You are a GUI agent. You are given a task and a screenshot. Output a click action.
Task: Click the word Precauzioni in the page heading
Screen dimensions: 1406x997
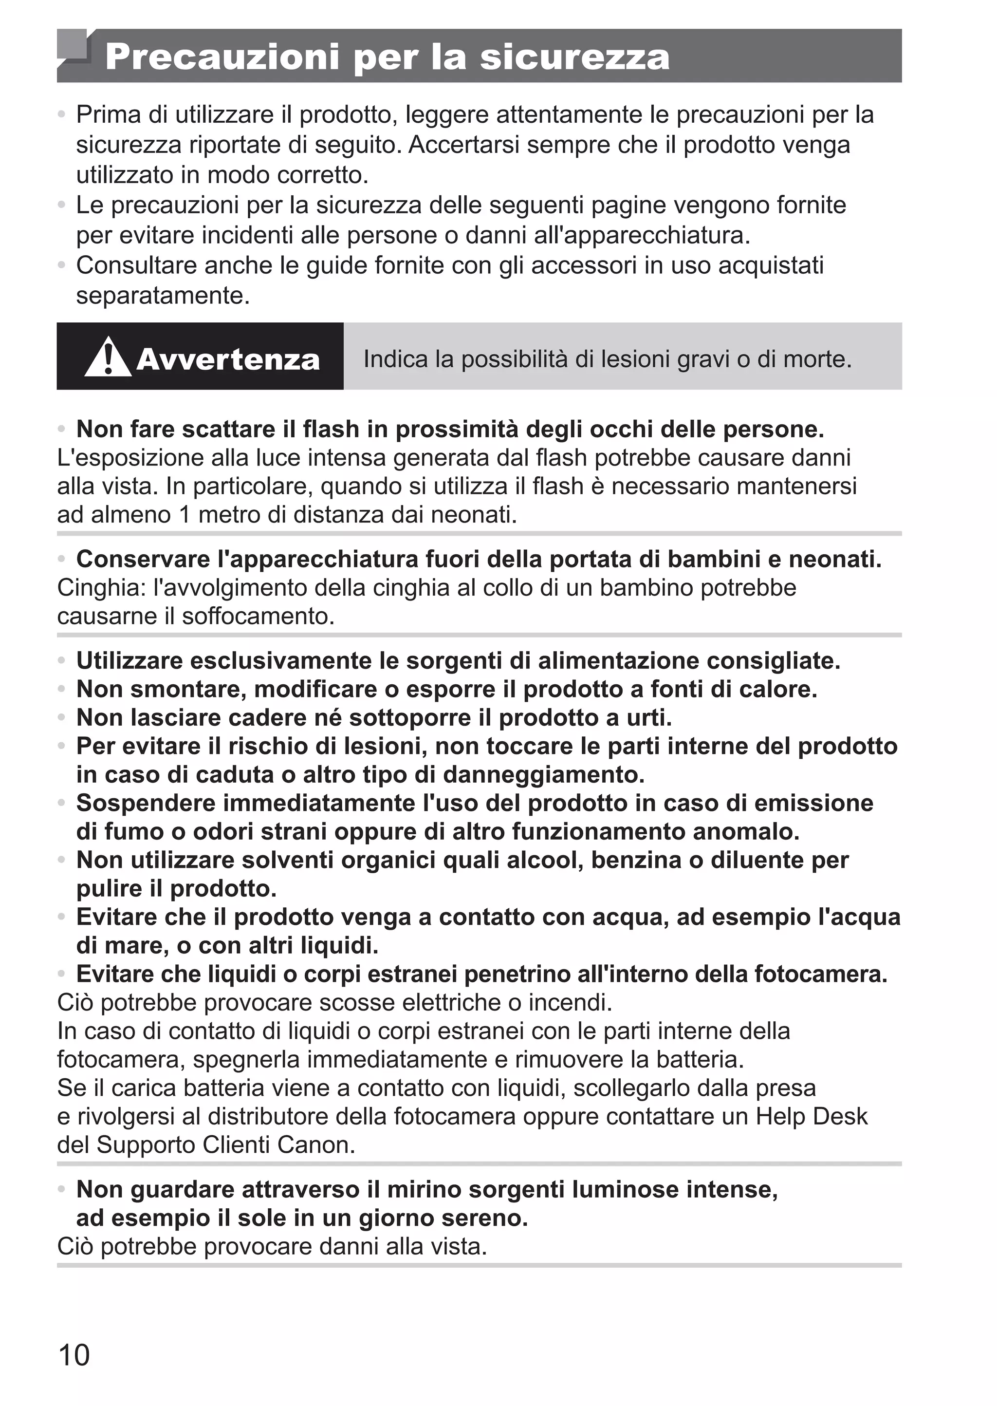[222, 57]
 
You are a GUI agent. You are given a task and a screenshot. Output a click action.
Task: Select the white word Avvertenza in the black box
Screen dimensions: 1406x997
[228, 359]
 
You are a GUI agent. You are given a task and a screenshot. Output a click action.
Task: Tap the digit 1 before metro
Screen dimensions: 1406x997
[185, 514]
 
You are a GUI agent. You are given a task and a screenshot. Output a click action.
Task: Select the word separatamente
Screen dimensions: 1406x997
[163, 296]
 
